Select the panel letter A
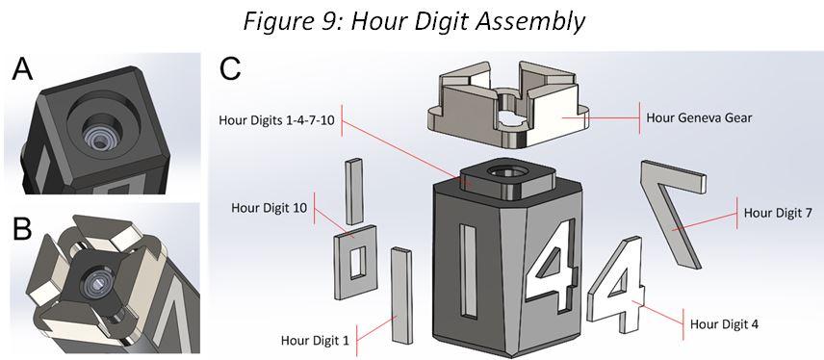(24, 71)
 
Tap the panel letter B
(24, 230)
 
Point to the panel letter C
(230, 69)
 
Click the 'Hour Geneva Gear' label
(700, 117)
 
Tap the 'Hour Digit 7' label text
(778, 213)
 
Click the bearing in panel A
(100, 125)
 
